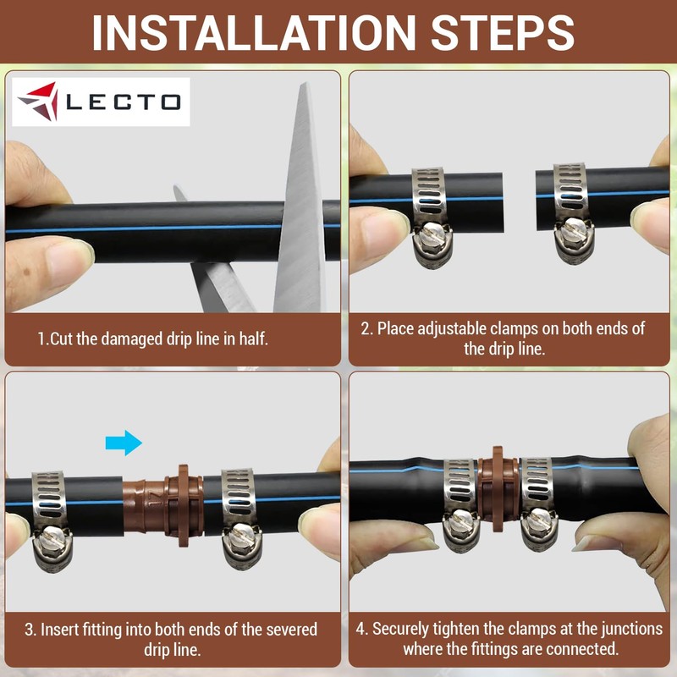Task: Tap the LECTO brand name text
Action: point(123,102)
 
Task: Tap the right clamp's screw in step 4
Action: point(537,526)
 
